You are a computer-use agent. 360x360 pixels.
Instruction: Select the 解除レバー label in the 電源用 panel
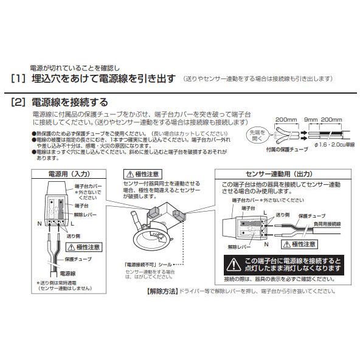(x=83, y=214)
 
